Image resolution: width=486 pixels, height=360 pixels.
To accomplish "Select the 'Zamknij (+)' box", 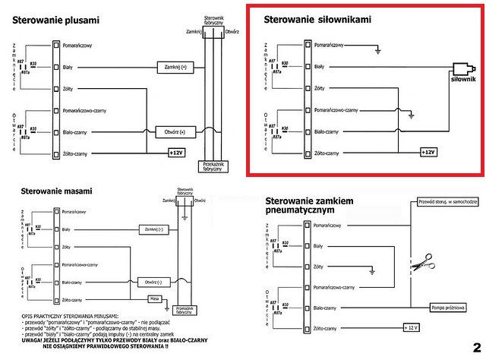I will tap(175, 68).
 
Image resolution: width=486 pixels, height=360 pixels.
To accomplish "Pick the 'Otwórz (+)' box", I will tap(175, 131).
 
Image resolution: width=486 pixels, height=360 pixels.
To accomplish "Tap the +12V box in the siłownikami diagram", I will tap(427, 152).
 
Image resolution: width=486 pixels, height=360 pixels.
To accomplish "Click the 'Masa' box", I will tap(155, 298).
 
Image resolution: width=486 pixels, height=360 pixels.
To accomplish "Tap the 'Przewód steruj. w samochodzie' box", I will tap(448, 202).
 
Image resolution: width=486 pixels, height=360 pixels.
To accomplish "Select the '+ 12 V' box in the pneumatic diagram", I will tap(413, 327).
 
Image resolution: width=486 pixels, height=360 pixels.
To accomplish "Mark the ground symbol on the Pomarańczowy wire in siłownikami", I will tap(377, 52).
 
